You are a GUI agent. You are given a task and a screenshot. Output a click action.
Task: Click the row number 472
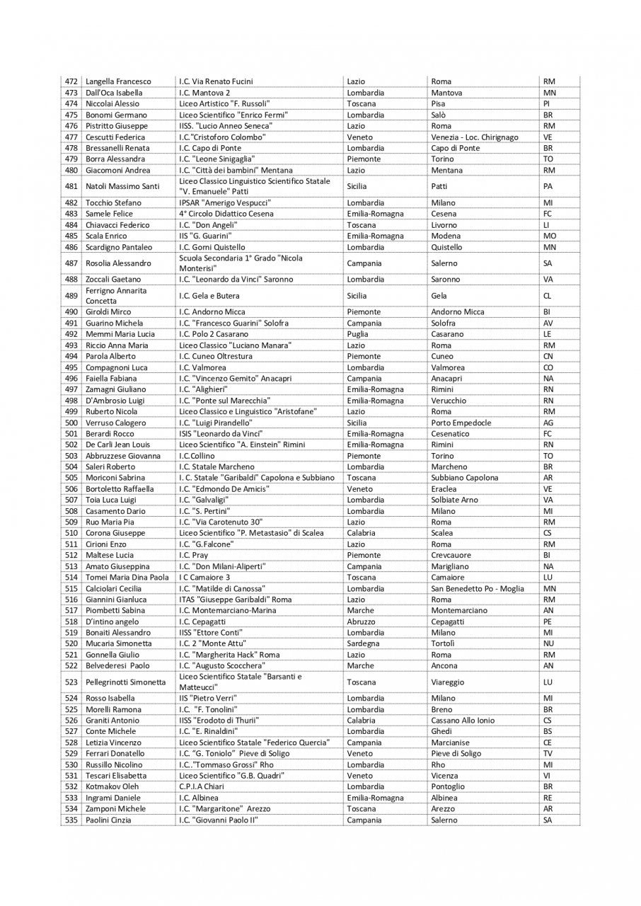[x=70, y=81]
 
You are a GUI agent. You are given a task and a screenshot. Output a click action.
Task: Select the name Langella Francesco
[x=118, y=81]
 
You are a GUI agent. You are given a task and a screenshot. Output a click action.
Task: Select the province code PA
[x=548, y=186]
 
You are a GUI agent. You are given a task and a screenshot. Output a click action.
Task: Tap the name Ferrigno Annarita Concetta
[x=116, y=296]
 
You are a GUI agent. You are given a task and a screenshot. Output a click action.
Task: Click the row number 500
[x=70, y=423]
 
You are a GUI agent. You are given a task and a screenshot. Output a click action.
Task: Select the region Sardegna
[x=363, y=643]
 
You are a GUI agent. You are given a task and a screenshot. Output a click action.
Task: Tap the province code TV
[x=548, y=754]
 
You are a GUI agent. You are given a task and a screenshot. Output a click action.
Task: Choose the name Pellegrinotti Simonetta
[x=125, y=682]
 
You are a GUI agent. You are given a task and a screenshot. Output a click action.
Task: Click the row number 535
[x=70, y=820]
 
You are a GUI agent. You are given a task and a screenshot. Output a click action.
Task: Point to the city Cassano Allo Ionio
[x=463, y=721]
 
